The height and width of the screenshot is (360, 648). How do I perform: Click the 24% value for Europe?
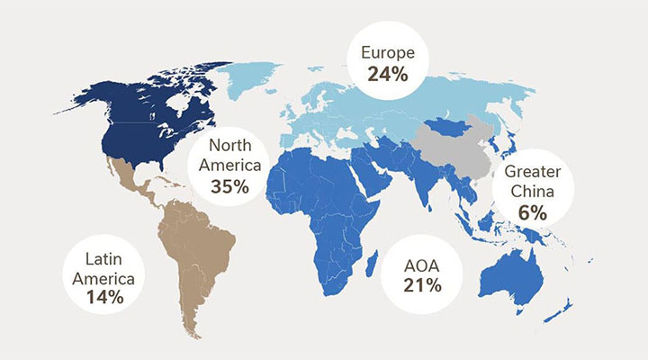pos(388,74)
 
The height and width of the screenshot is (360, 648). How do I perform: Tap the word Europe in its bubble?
pos(388,53)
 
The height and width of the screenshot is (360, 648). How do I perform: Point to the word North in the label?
pos(235,146)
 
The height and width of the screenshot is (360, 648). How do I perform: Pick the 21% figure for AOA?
pos(423,286)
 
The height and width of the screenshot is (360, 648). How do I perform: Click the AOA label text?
pos(423,265)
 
